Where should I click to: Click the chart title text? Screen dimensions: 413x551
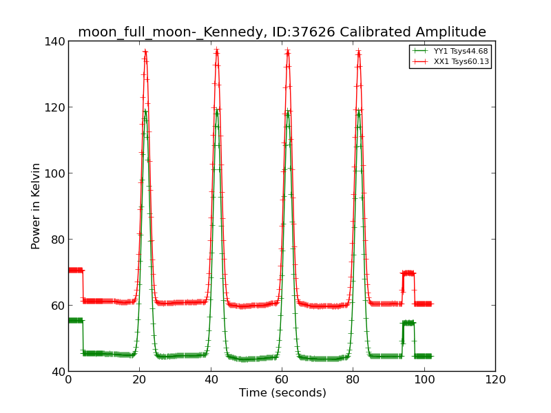(282, 32)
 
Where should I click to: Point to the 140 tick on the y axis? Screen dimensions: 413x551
(57, 41)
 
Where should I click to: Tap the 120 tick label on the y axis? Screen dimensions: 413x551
(57, 107)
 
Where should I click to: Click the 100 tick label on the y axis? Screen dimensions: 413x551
(57, 173)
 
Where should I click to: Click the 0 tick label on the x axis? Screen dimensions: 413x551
(68, 379)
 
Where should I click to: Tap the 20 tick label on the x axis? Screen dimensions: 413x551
(139, 379)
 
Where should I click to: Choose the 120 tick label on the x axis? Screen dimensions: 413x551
(495, 379)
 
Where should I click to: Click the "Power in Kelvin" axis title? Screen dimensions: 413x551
(37, 206)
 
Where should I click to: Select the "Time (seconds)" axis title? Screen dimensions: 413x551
(282, 393)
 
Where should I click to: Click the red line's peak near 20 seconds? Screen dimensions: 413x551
(145, 51)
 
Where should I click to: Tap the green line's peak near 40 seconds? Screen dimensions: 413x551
(217, 110)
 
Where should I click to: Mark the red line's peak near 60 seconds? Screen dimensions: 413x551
(288, 51)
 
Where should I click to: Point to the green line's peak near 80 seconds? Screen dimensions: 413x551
(359, 110)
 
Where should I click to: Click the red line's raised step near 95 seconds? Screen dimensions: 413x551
(408, 273)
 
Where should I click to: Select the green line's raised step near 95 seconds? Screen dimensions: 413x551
(408, 322)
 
